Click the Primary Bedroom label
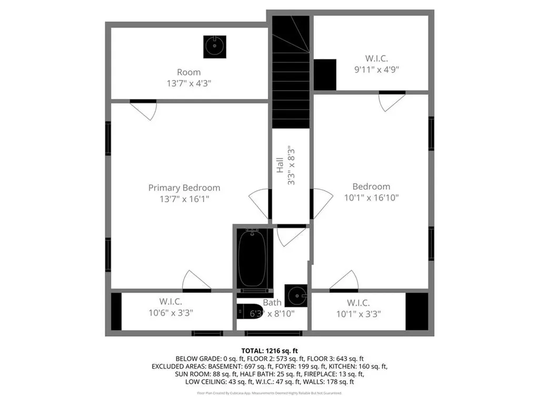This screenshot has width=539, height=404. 184,188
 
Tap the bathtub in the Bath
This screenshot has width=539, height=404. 255,259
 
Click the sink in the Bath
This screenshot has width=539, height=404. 296,296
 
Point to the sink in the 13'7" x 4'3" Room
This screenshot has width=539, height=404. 214,46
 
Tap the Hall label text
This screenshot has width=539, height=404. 280,166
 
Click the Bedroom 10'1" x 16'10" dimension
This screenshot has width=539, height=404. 371,198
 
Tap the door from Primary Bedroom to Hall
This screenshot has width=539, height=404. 259,204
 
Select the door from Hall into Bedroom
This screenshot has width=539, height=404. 322,204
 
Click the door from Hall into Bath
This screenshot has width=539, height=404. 291,236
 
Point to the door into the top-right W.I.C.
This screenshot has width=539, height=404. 392,101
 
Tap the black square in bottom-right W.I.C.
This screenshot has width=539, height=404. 417,311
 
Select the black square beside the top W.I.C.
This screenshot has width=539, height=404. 325,75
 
